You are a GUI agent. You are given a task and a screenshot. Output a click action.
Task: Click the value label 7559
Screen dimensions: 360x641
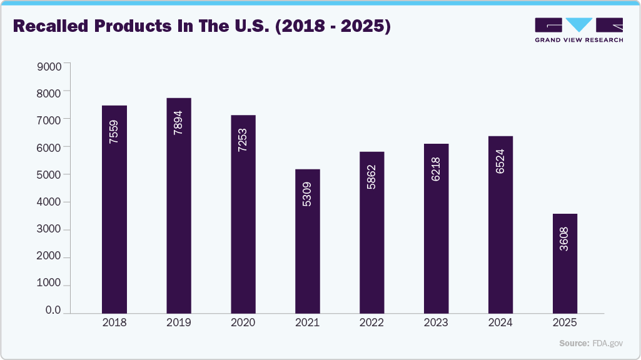(114, 132)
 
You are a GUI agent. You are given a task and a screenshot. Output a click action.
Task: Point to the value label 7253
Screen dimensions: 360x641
(243, 141)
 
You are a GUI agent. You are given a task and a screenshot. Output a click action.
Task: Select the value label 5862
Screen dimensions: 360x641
(371, 177)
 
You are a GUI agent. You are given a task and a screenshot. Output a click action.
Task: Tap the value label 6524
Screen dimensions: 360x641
(500, 161)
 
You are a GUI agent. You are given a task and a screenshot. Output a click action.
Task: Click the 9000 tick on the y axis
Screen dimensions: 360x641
(49, 66)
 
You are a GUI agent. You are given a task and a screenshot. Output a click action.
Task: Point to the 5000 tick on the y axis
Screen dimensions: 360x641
(49, 175)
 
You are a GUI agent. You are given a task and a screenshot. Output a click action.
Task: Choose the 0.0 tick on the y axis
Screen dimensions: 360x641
(53, 311)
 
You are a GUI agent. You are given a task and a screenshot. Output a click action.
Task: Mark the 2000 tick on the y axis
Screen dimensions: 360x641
(49, 257)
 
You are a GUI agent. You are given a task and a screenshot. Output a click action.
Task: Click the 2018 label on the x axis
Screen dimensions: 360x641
(114, 323)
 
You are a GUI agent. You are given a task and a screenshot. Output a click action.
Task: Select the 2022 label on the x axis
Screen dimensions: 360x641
(371, 323)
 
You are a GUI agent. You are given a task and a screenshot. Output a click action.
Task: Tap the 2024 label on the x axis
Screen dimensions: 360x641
(500, 323)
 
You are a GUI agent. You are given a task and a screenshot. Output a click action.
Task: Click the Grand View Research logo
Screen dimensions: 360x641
(578, 30)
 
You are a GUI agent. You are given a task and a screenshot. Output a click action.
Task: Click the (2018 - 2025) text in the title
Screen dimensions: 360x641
(335, 27)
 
